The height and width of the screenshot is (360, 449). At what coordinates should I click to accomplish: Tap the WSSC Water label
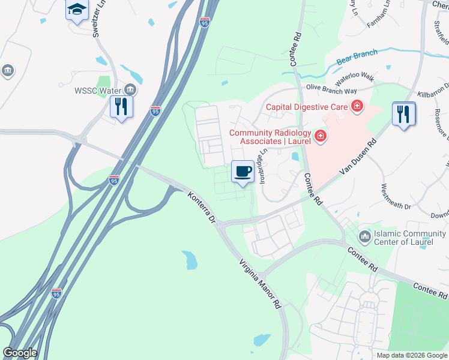click(98, 91)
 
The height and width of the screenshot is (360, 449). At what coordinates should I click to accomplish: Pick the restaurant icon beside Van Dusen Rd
click(403, 113)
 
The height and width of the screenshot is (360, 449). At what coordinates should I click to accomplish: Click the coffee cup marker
click(243, 172)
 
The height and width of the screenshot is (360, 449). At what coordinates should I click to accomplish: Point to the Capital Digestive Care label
click(308, 108)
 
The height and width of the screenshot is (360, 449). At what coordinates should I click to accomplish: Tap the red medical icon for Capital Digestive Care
click(357, 107)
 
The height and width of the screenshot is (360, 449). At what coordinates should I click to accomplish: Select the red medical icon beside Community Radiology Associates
click(321, 137)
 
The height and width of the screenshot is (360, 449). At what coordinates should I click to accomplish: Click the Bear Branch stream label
click(357, 56)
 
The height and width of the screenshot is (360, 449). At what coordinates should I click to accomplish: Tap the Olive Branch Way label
click(331, 88)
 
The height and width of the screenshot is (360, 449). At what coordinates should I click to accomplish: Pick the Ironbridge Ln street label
click(262, 164)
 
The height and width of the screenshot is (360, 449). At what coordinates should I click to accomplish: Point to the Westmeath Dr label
click(396, 197)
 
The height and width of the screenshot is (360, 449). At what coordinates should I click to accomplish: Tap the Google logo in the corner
click(20, 353)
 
